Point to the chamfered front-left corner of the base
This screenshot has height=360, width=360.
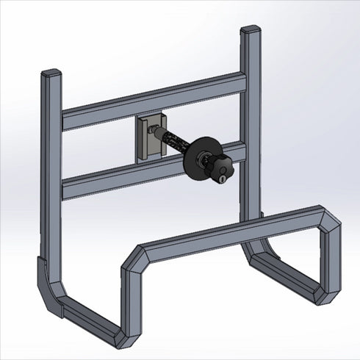pyautogui.click(x=133, y=258)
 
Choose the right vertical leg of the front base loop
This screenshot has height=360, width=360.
pyautogui.click(x=328, y=261)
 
